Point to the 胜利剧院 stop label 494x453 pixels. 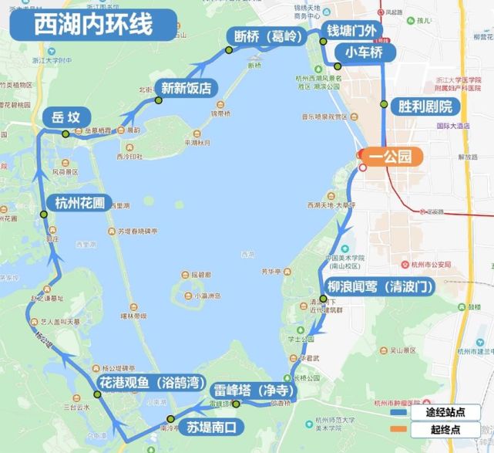[425, 106]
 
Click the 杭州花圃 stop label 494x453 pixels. [79, 204]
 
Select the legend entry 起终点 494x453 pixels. [449, 429]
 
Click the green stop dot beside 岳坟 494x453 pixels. [66, 134]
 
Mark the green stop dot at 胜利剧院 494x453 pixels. [384, 104]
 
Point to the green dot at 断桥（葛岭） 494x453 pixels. [228, 51]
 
